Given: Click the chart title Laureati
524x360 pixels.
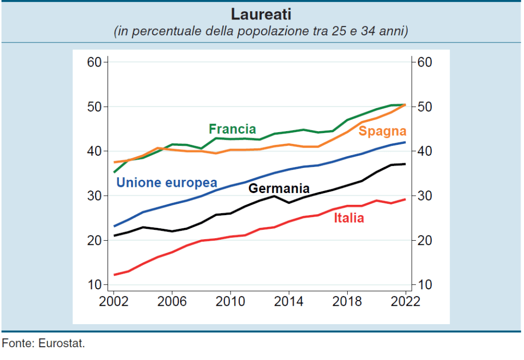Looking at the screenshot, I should (x=261, y=14).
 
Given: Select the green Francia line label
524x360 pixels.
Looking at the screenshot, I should (x=232, y=129).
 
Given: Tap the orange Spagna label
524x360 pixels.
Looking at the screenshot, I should (x=382, y=131).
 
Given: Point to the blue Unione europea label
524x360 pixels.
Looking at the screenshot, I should (x=167, y=183).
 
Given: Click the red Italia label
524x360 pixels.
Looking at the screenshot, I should (x=349, y=218).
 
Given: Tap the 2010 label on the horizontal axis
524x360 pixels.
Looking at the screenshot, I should (x=230, y=301).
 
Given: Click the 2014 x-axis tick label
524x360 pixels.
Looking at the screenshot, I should (x=288, y=301).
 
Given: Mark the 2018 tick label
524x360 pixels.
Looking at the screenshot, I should (x=347, y=301).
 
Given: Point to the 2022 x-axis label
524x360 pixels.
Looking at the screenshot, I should (x=405, y=301).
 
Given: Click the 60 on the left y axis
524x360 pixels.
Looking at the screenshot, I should (x=95, y=62).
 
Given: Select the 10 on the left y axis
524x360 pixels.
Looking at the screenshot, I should (x=95, y=285).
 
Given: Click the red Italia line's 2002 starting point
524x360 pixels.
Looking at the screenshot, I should (x=114, y=275).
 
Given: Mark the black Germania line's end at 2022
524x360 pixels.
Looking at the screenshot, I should (x=405, y=164).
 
